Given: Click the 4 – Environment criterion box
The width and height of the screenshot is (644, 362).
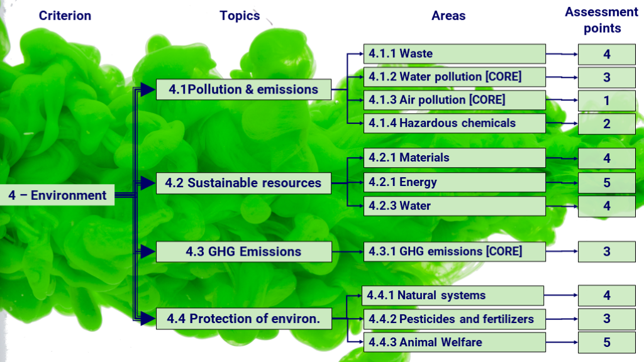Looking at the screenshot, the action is [57, 195].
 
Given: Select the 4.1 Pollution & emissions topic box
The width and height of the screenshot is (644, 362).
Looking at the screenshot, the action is [243, 89].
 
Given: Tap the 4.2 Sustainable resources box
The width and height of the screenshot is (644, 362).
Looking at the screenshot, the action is [243, 183].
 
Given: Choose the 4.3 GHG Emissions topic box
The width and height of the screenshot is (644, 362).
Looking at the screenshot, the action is [244, 251].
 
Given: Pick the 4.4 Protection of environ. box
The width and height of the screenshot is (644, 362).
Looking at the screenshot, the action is [244, 319].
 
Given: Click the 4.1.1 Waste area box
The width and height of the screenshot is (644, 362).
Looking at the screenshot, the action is [455, 54].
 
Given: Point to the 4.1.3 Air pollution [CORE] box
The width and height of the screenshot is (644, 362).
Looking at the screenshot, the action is [455, 100].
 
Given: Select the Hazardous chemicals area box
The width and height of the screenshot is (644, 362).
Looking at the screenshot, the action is [455, 123].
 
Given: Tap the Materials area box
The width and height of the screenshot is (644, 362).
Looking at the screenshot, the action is [455, 158].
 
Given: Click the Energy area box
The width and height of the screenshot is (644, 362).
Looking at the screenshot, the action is [455, 182].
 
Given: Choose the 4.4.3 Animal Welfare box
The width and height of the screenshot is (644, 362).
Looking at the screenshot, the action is [455, 343].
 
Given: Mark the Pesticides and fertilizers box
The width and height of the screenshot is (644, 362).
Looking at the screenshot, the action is [455, 319].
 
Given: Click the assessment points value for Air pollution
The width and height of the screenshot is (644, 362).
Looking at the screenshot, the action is [607, 101].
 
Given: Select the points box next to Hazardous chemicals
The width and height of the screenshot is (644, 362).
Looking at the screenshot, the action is [607, 124].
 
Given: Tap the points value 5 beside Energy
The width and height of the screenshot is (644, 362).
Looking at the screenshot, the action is [607, 183].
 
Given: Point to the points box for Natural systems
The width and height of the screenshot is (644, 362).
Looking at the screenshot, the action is [607, 295].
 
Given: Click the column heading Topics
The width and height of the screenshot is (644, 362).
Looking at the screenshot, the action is [240, 16].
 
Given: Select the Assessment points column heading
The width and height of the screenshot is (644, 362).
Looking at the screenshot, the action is [602, 20].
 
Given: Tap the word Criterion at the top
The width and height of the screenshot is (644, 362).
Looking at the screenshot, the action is [65, 16].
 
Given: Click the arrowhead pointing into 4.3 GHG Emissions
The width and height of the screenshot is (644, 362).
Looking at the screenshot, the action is [147, 251].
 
